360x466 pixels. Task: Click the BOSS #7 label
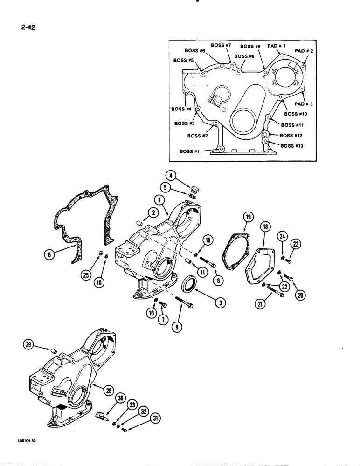point(221,45)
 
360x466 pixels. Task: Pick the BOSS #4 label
point(181,109)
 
